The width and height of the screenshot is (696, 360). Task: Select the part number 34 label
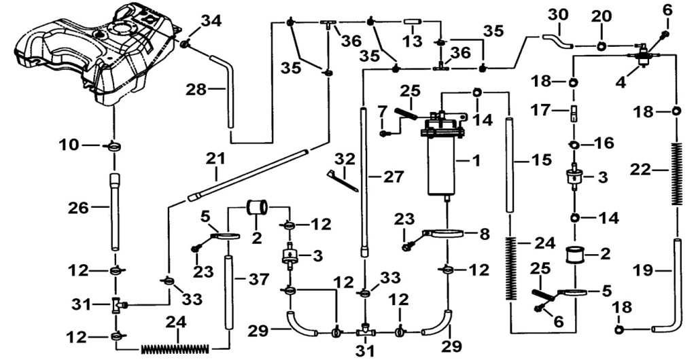pos(213,21)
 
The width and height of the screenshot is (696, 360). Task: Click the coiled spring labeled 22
pos(676,173)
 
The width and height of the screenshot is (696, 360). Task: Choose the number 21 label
pos(215,159)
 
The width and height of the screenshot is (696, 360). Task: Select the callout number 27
pos(394,177)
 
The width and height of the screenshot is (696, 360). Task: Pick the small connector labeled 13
pos(413,21)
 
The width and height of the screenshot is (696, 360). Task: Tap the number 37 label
pos(259,279)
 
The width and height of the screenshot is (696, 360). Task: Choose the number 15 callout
pos(542,159)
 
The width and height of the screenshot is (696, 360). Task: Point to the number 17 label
pos(551,110)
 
